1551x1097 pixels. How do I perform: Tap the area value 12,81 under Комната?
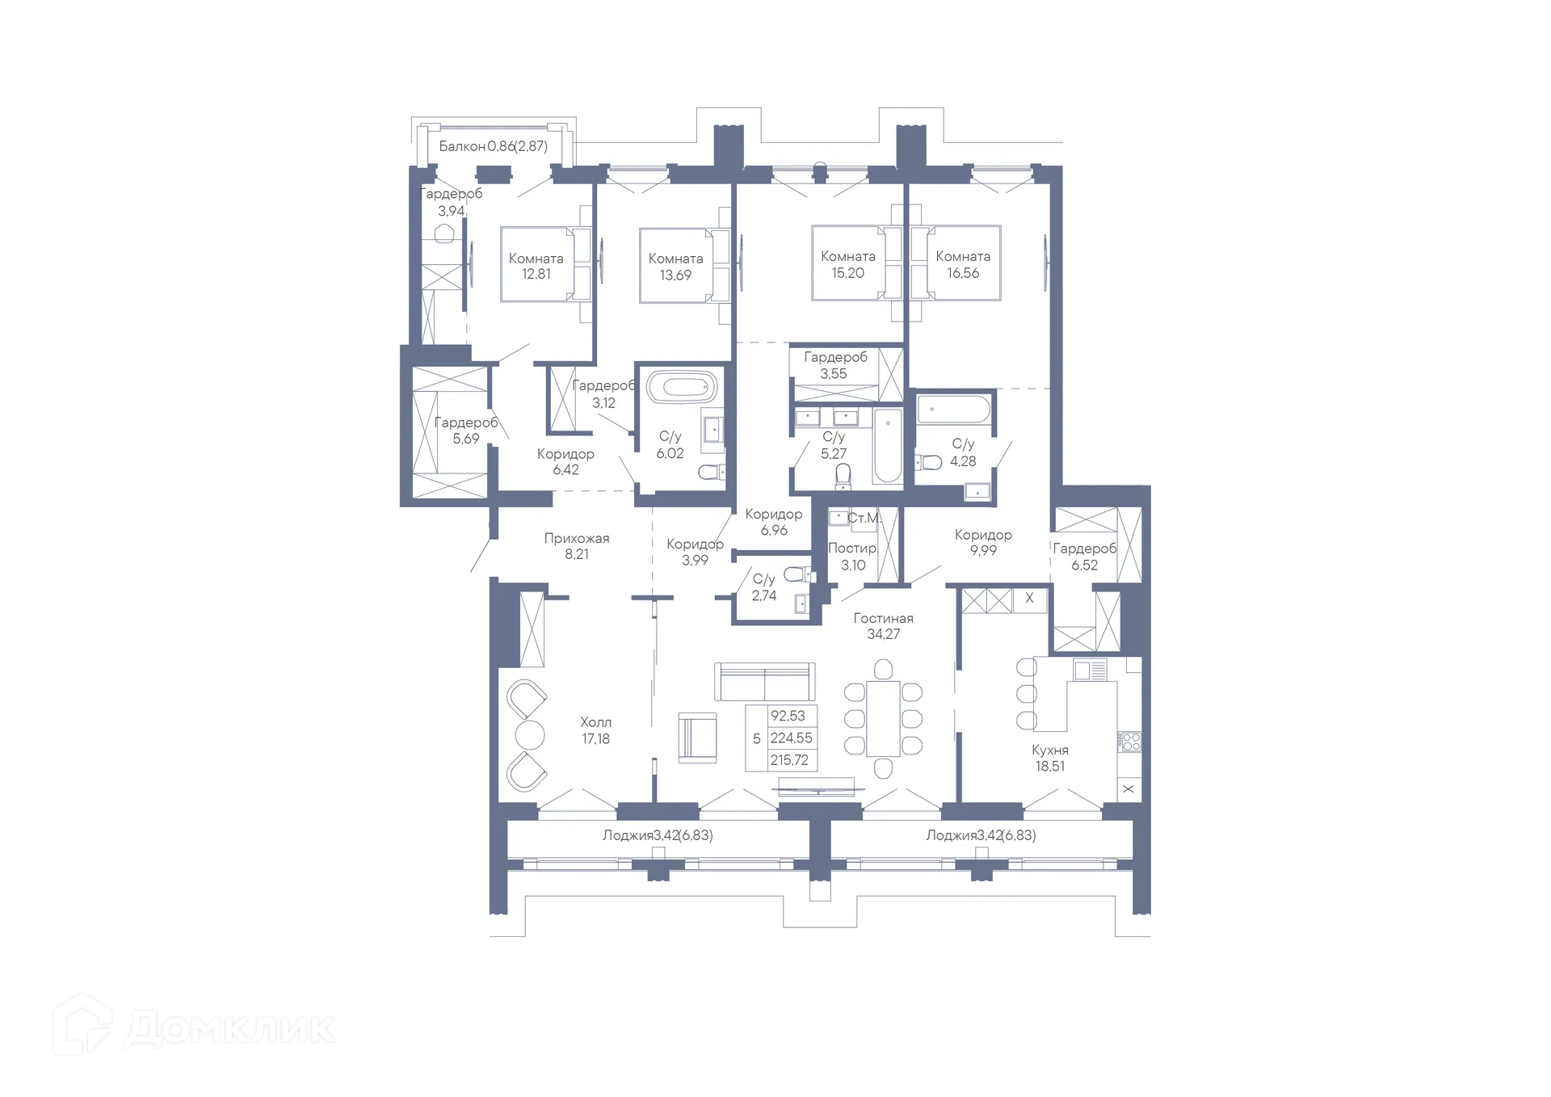tap(536, 274)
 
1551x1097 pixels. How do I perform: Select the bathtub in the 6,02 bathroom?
tap(683, 387)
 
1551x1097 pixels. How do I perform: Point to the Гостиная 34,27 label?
tap(884, 626)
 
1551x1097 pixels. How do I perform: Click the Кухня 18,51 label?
tap(1050, 758)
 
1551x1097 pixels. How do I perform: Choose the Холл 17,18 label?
tap(596, 730)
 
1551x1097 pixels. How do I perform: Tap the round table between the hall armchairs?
tap(530, 735)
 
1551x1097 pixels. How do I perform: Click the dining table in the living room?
tap(883, 719)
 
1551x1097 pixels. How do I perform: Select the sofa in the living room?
tap(764, 681)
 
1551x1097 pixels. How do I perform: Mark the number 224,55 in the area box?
tap(792, 738)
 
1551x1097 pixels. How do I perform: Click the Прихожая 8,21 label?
tap(577, 546)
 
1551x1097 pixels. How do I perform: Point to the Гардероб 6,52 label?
tap(1085, 557)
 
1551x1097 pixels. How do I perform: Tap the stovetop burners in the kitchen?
tap(1130, 742)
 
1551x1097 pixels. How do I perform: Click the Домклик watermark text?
tap(229, 1028)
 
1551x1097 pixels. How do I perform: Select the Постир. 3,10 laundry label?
tap(853, 557)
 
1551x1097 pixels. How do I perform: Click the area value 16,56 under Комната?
tap(963, 273)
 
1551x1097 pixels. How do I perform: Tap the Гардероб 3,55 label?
tap(835, 365)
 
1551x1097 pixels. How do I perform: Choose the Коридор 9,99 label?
tap(983, 542)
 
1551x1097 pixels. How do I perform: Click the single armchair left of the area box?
tap(697, 738)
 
